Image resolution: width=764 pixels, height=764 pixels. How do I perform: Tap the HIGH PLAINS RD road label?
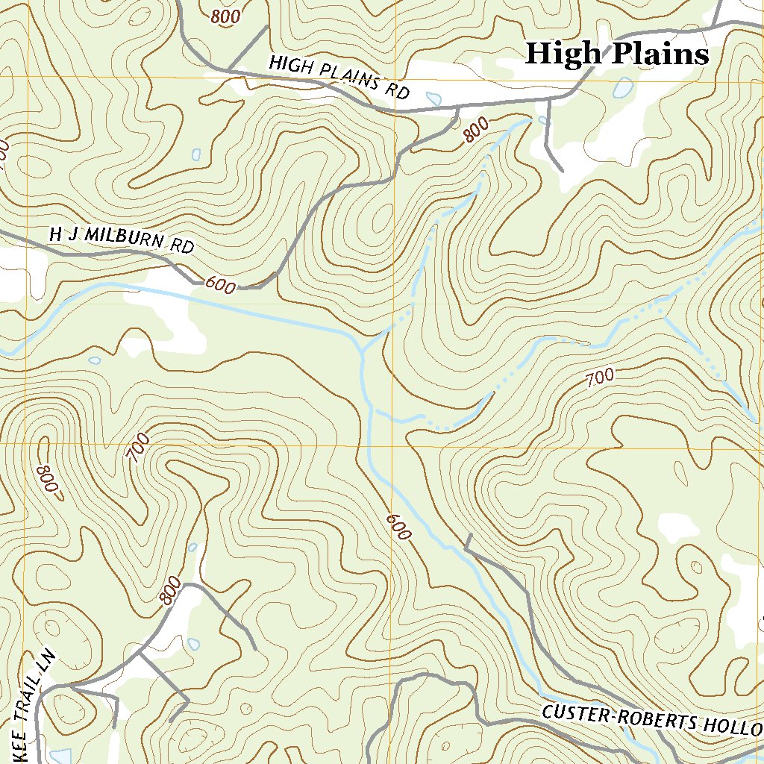(339, 77)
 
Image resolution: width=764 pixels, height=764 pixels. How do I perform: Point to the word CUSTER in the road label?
(574, 714)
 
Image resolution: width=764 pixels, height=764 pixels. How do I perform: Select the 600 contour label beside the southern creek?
(398, 527)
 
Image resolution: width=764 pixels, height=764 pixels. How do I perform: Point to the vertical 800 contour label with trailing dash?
(47, 479)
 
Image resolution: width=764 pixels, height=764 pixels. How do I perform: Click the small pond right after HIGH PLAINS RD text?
(433, 97)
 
